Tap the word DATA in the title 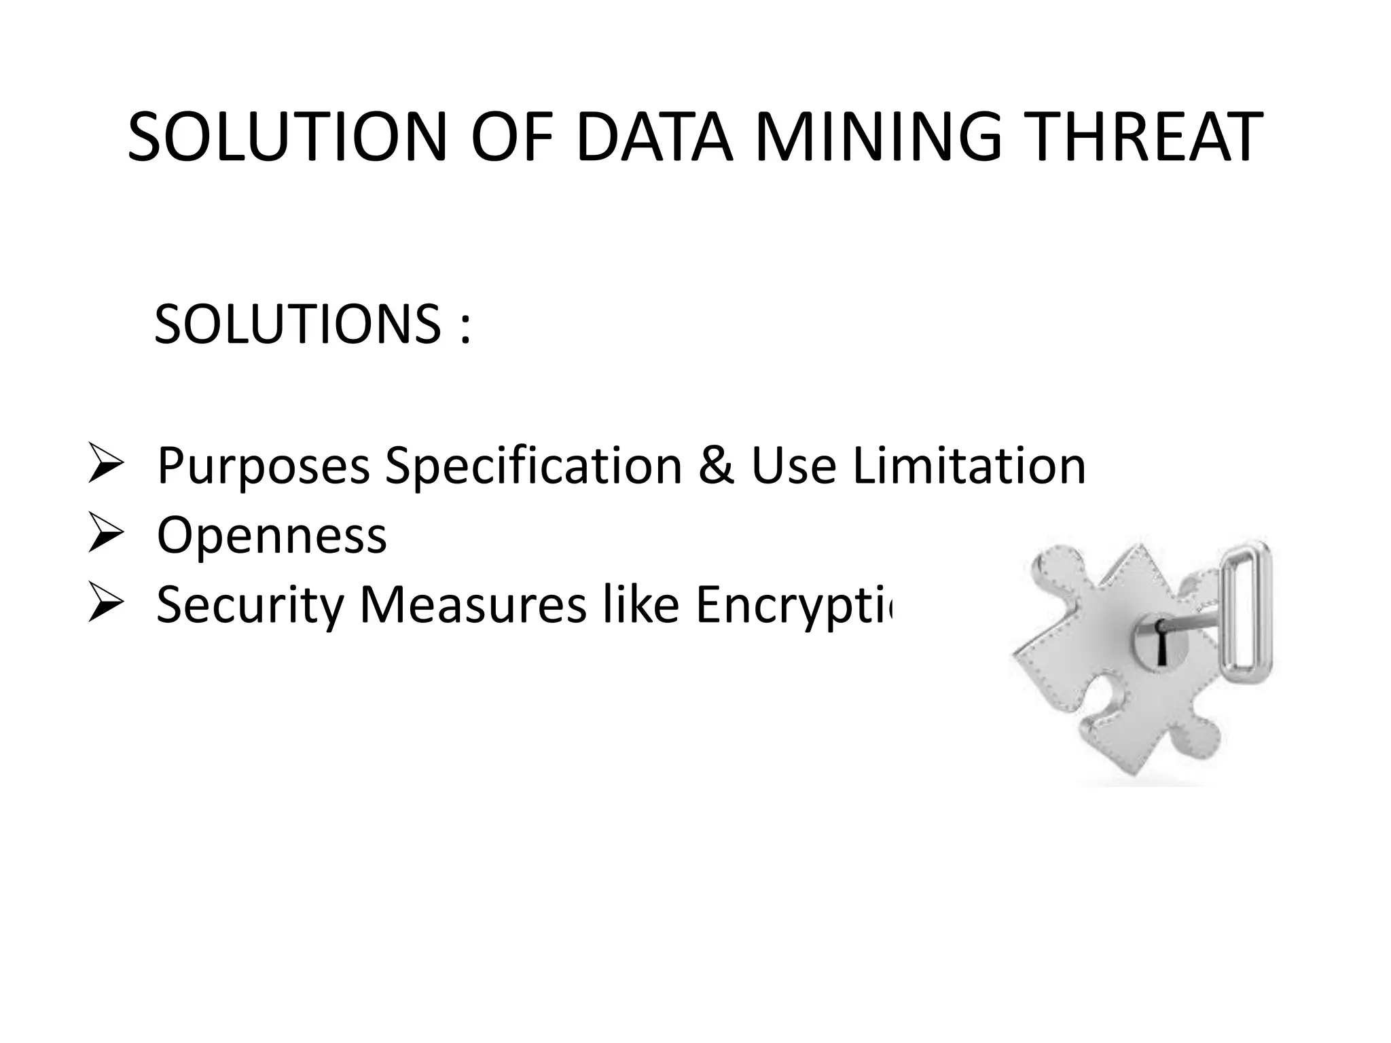[654, 139]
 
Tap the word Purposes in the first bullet [263, 467]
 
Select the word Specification [533, 467]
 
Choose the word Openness [272, 536]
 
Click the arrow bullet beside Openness [105, 535]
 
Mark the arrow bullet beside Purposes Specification [105, 465]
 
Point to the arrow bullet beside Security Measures [105, 604]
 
